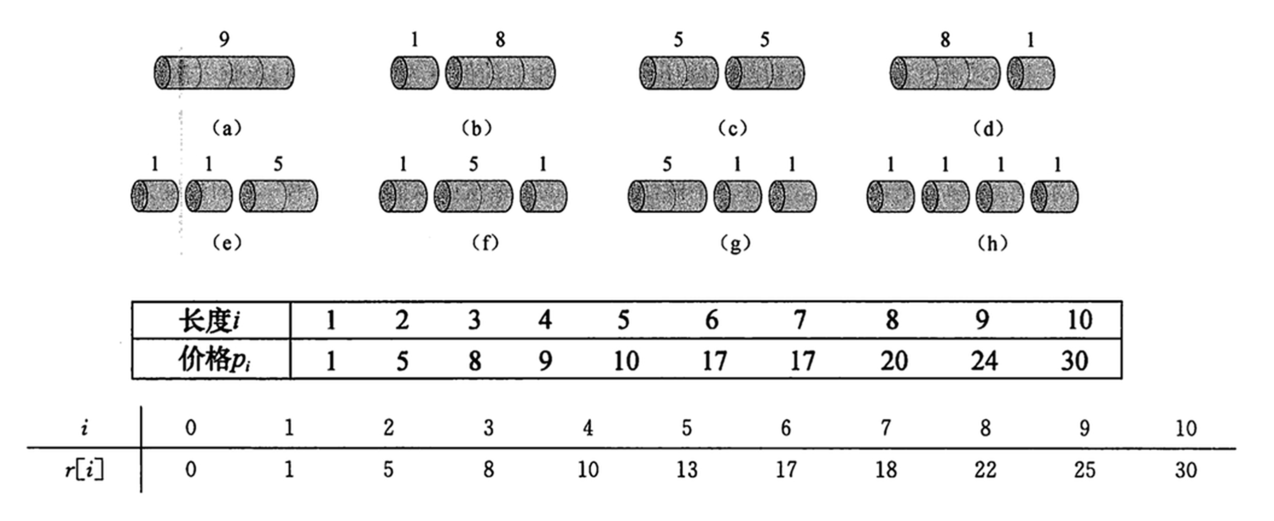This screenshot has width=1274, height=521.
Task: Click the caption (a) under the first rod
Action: [227, 129]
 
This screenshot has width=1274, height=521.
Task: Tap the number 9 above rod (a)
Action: [224, 39]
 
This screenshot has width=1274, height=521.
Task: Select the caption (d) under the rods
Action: [988, 129]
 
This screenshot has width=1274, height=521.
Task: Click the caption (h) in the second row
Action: [992, 243]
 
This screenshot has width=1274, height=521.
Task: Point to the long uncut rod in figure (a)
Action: [224, 73]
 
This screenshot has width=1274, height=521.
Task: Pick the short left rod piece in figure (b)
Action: [415, 73]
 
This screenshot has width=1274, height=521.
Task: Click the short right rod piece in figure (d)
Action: [1031, 73]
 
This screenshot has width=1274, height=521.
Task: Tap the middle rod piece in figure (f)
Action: [473, 196]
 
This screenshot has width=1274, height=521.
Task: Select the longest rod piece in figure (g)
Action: [667, 196]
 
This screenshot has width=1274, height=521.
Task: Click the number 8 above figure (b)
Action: [500, 39]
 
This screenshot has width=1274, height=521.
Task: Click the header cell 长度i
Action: [210, 320]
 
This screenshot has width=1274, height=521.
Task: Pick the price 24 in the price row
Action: [984, 361]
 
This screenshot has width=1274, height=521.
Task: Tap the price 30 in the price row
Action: [1074, 361]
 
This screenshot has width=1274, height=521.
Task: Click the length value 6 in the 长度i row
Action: [711, 320]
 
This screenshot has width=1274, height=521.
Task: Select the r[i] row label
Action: [84, 470]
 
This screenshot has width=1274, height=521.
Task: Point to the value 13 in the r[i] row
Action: [686, 470]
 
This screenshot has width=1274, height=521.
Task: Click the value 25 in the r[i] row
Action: [1084, 470]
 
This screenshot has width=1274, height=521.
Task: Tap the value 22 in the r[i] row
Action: [985, 470]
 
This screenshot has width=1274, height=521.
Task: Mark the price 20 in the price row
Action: [893, 361]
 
